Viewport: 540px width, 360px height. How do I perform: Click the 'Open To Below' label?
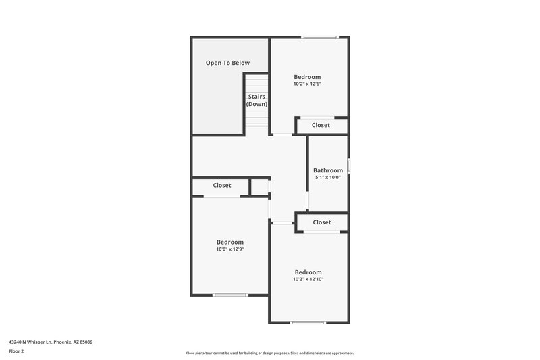point(227,63)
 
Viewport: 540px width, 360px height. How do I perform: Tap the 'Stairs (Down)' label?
point(256,101)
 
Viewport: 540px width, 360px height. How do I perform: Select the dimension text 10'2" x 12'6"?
point(307,84)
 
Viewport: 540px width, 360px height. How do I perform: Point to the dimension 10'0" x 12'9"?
point(230,249)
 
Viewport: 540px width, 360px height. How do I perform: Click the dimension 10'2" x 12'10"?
point(308,279)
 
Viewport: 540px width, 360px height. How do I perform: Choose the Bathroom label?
point(328,170)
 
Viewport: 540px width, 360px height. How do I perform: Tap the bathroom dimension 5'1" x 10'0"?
point(328,178)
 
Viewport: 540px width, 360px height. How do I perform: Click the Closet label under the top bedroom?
point(321,125)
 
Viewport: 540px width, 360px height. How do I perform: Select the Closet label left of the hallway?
point(222,185)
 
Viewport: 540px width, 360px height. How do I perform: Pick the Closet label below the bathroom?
point(322,222)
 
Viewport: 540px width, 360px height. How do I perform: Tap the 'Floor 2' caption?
point(17,351)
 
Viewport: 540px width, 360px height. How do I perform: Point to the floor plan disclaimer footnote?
point(269,353)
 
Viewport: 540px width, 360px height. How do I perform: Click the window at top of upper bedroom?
point(319,38)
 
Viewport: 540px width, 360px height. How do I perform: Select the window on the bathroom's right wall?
point(349,165)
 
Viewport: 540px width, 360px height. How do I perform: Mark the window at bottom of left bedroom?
point(230,294)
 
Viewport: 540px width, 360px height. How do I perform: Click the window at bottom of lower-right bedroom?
point(308,322)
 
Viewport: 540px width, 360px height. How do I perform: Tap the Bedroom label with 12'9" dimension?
point(230,242)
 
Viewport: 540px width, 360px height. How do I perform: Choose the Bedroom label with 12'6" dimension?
point(307,77)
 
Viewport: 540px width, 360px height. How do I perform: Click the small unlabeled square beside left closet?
point(260,187)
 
